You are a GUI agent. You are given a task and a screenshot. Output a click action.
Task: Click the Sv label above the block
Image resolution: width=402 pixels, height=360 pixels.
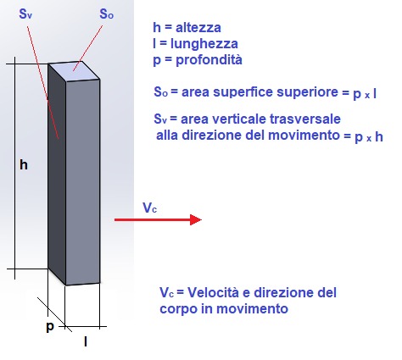pos(25,14)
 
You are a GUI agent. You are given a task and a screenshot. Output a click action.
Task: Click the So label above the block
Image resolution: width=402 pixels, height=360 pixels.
pos(107,14)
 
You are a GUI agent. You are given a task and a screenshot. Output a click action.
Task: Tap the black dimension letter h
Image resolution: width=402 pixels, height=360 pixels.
pos(24,164)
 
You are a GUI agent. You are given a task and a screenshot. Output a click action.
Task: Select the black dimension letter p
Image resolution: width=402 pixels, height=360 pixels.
pos(50,327)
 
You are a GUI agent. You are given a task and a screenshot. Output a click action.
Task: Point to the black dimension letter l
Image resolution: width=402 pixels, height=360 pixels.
pos(86,342)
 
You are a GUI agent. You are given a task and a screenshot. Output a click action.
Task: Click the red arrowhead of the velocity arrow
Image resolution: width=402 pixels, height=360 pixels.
pos(196,219)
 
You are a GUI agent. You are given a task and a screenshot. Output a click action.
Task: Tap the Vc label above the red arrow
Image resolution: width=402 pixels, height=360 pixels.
pos(149,208)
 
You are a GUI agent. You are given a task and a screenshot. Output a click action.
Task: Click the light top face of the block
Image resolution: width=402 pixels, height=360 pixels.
pos(74,71)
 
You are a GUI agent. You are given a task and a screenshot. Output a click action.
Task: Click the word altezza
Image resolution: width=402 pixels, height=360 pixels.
pos(198,28)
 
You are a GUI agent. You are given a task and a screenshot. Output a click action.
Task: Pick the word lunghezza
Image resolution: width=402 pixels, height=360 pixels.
pos(204,44)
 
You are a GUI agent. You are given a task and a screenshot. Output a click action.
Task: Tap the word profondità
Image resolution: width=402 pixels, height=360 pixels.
pos(209,60)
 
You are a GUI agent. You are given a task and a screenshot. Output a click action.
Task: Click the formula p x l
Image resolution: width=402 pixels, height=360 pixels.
pos(365,94)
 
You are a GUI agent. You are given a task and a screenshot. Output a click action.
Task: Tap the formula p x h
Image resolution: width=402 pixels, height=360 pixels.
pos(369,137)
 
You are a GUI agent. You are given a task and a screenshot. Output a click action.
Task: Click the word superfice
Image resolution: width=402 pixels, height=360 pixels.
pos(276,92)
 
